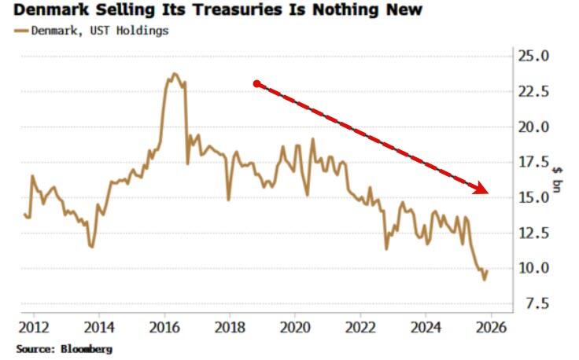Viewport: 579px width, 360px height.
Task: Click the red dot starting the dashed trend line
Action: [x=256, y=83]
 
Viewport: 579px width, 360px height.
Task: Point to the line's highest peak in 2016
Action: [x=175, y=74]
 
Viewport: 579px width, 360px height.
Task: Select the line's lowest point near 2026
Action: [x=485, y=279]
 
